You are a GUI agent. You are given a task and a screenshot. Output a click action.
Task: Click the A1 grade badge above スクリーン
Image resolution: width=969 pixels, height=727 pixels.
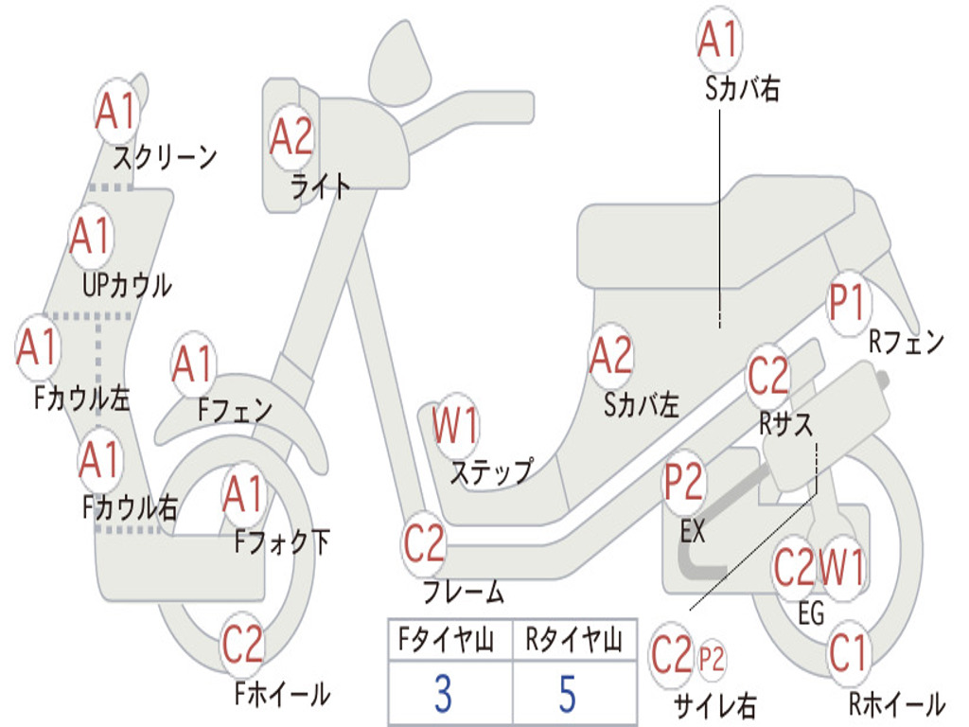coord(117,112)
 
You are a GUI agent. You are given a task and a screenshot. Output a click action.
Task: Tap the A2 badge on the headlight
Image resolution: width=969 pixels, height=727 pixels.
coord(291,137)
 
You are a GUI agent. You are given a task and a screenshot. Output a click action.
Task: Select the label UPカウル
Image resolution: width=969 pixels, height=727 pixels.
coord(127,284)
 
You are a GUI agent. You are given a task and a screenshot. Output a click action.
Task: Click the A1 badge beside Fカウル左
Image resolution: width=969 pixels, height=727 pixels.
coord(38,347)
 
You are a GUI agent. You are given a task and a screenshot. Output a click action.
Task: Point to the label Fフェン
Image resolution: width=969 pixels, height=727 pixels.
coord(235,410)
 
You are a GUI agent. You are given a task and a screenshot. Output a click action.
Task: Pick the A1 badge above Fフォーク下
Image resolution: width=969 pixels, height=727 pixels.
coord(245,493)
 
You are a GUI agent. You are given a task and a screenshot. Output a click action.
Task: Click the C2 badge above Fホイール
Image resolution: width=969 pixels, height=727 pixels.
coord(242,646)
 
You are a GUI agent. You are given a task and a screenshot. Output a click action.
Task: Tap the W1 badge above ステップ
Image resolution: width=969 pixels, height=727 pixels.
coord(455,426)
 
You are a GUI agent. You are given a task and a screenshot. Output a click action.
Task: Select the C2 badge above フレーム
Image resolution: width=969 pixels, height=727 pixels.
coord(423,543)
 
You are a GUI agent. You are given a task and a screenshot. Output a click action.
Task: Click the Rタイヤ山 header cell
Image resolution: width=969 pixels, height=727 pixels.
coord(573,642)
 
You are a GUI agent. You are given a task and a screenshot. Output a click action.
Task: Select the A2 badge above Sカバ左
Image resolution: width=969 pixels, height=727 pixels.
coord(610,357)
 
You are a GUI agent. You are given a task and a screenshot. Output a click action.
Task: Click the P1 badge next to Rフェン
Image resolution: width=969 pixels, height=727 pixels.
coord(847,304)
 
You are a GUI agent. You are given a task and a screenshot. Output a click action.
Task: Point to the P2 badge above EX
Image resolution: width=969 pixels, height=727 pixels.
coord(683,483)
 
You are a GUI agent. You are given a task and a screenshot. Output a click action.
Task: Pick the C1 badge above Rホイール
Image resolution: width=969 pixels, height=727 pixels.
coord(847,653)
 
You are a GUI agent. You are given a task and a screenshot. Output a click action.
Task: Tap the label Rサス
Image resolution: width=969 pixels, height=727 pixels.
coord(785,425)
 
